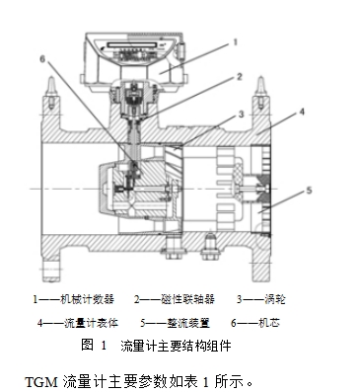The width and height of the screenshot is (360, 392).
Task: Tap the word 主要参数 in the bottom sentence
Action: pyautogui.click(x=132, y=378)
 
